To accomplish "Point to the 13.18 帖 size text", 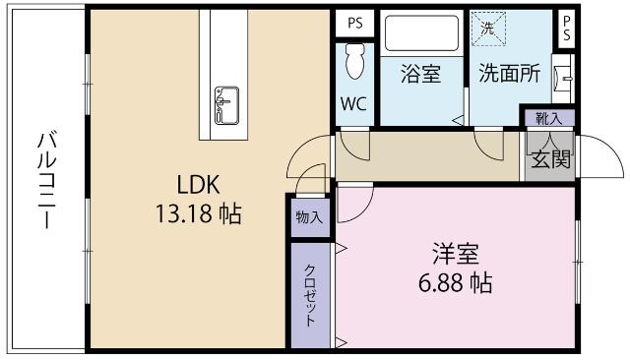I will coord(198,211).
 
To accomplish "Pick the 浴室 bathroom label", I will coord(420,73).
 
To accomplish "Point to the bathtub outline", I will coord(421,35).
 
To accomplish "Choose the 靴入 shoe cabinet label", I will coord(546,118).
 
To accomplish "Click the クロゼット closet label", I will coord(309,295).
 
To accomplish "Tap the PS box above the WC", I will coord(353,22).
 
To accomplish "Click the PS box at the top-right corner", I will coord(567,28).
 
